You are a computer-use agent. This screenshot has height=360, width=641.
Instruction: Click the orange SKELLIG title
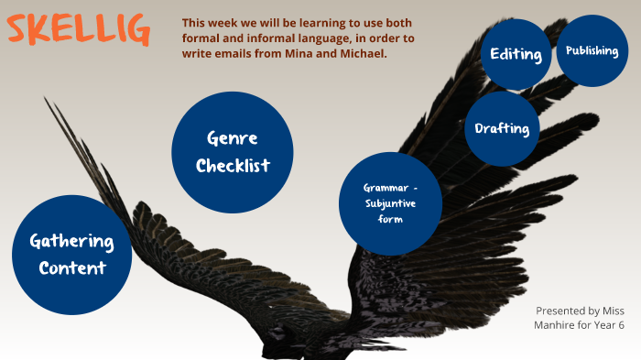[x=78, y=30]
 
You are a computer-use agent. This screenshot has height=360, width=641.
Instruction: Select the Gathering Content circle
[x=71, y=255]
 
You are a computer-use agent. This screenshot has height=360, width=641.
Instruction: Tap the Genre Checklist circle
[x=232, y=151]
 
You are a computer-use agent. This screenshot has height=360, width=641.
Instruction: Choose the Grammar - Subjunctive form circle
[x=390, y=203]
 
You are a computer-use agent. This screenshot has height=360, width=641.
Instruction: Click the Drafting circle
[x=502, y=128]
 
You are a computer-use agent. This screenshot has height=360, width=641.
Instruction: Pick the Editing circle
[x=516, y=54]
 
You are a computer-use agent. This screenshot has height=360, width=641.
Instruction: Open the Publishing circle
[x=592, y=51]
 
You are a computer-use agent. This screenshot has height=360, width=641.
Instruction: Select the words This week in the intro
[x=207, y=22]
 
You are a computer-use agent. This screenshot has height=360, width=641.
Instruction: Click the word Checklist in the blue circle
[x=232, y=166]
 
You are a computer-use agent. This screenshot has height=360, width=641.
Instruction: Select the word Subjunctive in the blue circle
[x=390, y=203]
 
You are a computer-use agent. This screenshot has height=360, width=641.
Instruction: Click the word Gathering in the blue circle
[x=71, y=242]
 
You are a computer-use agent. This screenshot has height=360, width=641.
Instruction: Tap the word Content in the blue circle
[x=71, y=268]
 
